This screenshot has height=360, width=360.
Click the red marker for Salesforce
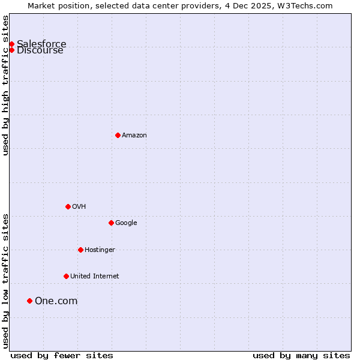pos(11,44)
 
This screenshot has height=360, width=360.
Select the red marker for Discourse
pos(11,50)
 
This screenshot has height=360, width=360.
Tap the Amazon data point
pos(118,135)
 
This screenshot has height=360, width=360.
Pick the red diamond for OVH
pos(68,206)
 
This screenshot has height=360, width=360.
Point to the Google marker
pos(111,223)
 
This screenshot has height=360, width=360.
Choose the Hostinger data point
pos(80,250)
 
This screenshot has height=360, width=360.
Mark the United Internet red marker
pos(66,276)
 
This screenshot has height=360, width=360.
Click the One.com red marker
pos(29,301)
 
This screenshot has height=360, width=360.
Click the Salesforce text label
pos(41,44)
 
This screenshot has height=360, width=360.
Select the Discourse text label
pos(40,50)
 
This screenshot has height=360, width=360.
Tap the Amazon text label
pos(134,136)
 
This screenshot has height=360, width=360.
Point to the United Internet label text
pos(95,277)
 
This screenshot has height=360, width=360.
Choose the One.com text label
pos(56,301)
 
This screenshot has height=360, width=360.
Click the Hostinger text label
pos(100,250)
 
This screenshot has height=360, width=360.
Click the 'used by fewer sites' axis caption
pos(62,356)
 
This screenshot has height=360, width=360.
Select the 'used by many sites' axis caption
pos(301,356)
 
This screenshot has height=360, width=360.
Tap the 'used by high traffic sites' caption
pos(5,85)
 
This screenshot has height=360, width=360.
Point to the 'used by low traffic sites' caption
pos(5,281)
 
